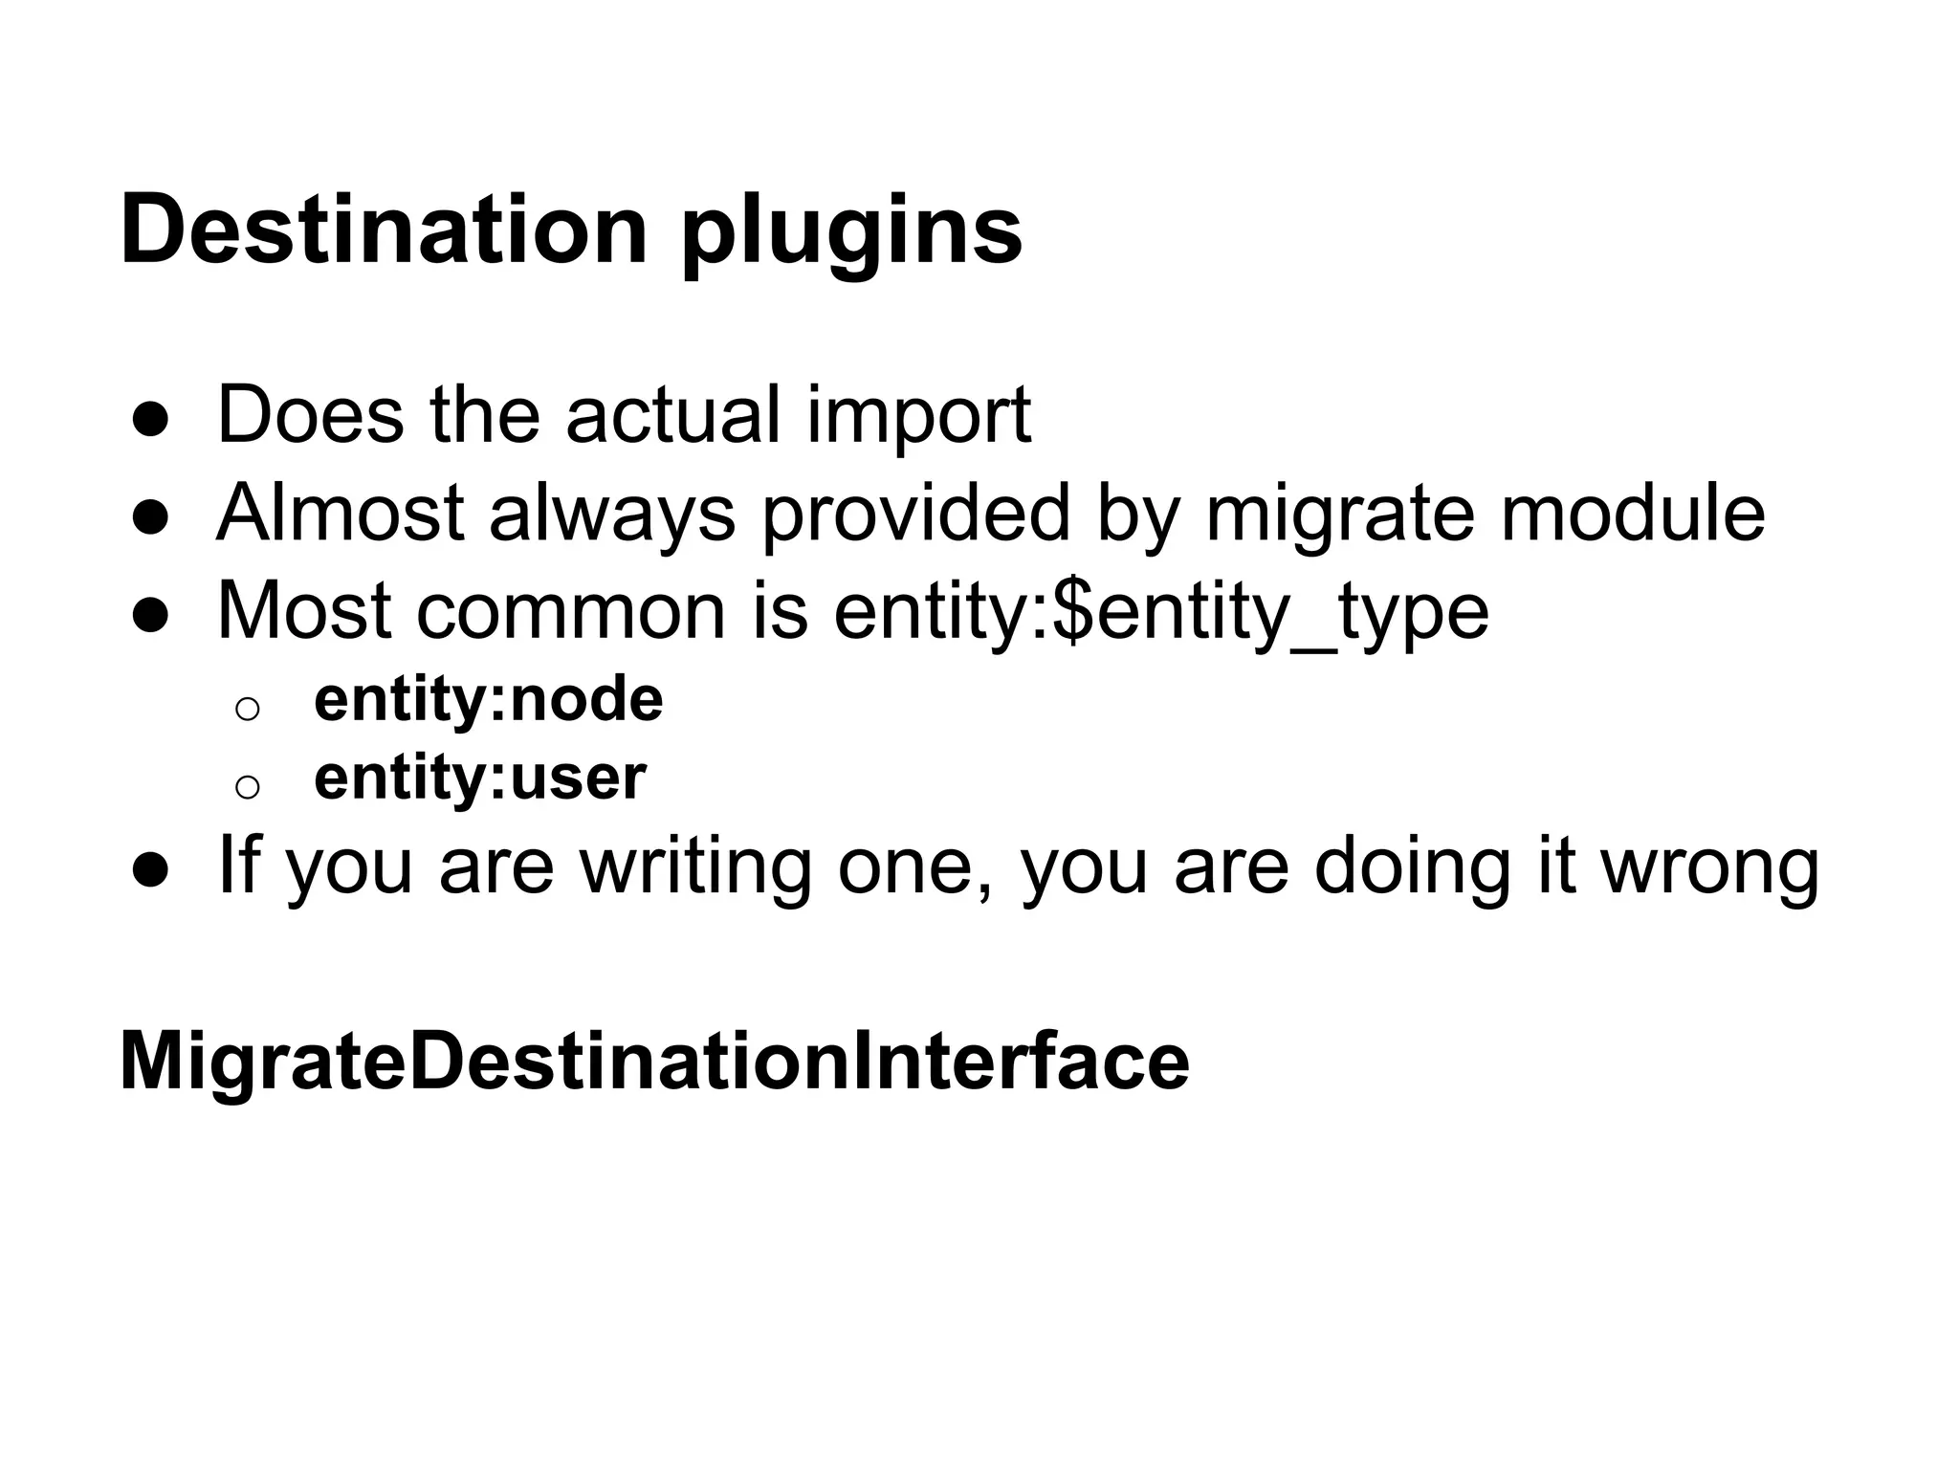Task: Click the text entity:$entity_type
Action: click(x=1161, y=612)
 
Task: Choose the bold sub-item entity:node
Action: click(x=488, y=699)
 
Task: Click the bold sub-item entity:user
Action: click(x=480, y=778)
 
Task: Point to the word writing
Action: click(x=695, y=866)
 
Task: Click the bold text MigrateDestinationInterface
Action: click(x=654, y=1061)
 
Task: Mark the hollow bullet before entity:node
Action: click(x=247, y=709)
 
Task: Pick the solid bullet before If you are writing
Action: click(x=151, y=869)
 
